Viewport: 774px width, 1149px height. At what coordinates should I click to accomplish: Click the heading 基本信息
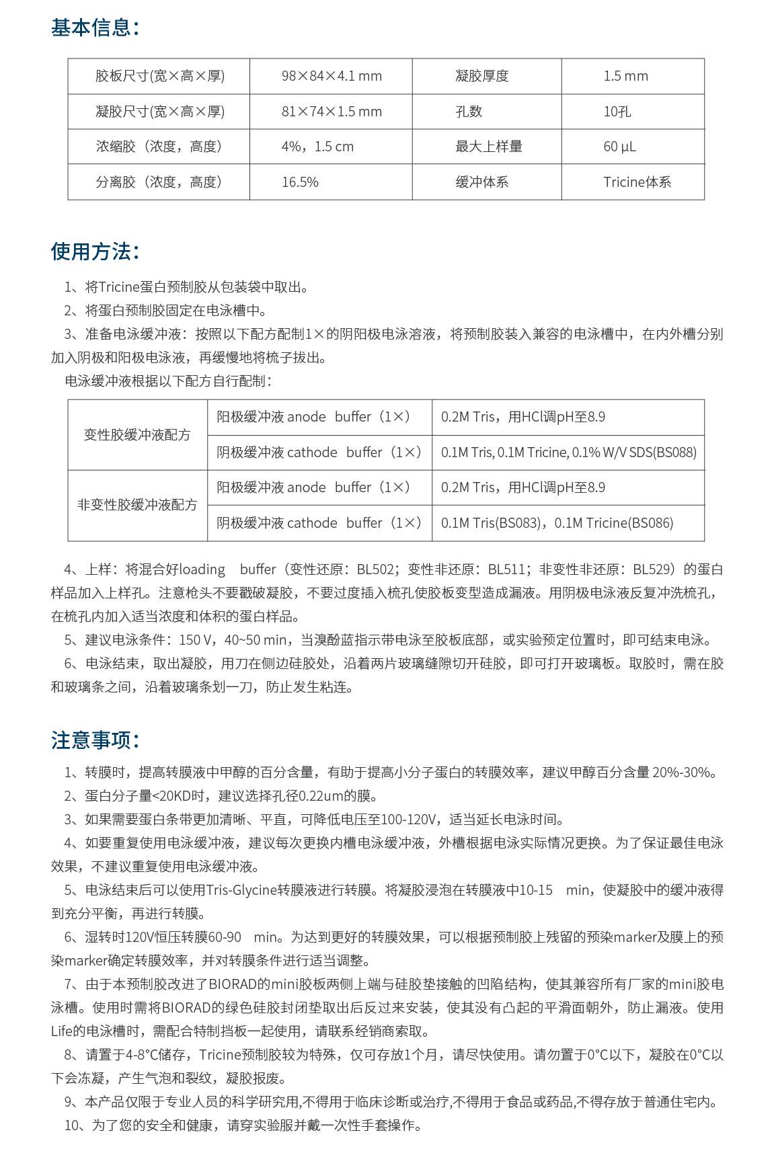(95, 28)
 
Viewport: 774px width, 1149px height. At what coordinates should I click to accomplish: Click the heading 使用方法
(95, 251)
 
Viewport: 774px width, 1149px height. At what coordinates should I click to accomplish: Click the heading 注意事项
(95, 740)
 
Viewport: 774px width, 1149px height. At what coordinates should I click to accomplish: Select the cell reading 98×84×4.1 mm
(332, 76)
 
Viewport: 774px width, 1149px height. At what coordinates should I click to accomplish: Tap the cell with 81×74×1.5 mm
(332, 112)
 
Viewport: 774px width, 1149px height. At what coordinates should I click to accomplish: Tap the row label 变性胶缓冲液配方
(137, 435)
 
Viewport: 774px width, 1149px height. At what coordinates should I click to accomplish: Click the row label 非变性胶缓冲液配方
(137, 505)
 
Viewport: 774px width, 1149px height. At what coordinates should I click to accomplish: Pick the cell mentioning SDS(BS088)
(568, 452)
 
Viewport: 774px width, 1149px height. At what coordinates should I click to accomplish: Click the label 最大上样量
(489, 147)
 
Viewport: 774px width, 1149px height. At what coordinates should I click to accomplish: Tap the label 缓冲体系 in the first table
(482, 182)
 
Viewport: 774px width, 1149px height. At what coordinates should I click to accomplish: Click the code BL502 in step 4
(375, 569)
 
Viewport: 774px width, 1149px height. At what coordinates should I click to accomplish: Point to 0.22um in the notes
(321, 796)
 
